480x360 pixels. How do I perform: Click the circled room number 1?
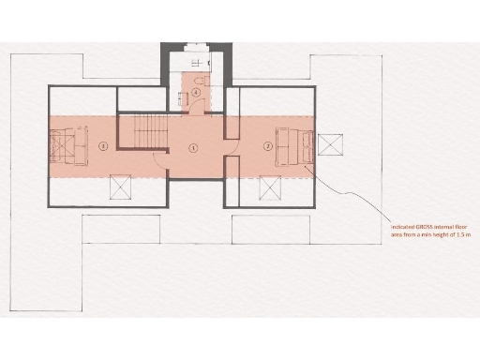click(x=193, y=146)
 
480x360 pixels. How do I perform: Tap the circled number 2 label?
click(x=268, y=145)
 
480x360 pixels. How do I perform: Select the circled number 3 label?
click(x=103, y=145)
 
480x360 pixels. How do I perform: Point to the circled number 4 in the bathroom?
click(x=197, y=92)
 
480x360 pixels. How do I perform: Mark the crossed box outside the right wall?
click(x=330, y=144)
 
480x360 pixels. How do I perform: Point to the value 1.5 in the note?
click(x=451, y=235)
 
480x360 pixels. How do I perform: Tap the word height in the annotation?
click(x=433, y=235)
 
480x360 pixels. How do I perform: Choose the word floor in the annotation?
click(x=459, y=227)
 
